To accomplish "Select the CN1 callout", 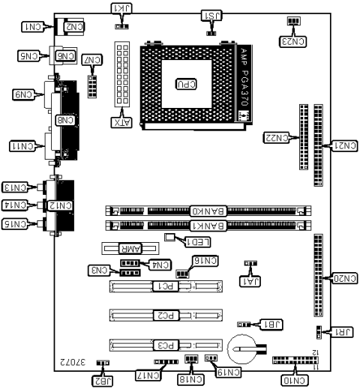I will (34, 27).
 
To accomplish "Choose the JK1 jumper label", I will (121, 8).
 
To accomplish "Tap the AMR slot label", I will (121, 247).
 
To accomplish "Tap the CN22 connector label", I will (276, 137).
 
